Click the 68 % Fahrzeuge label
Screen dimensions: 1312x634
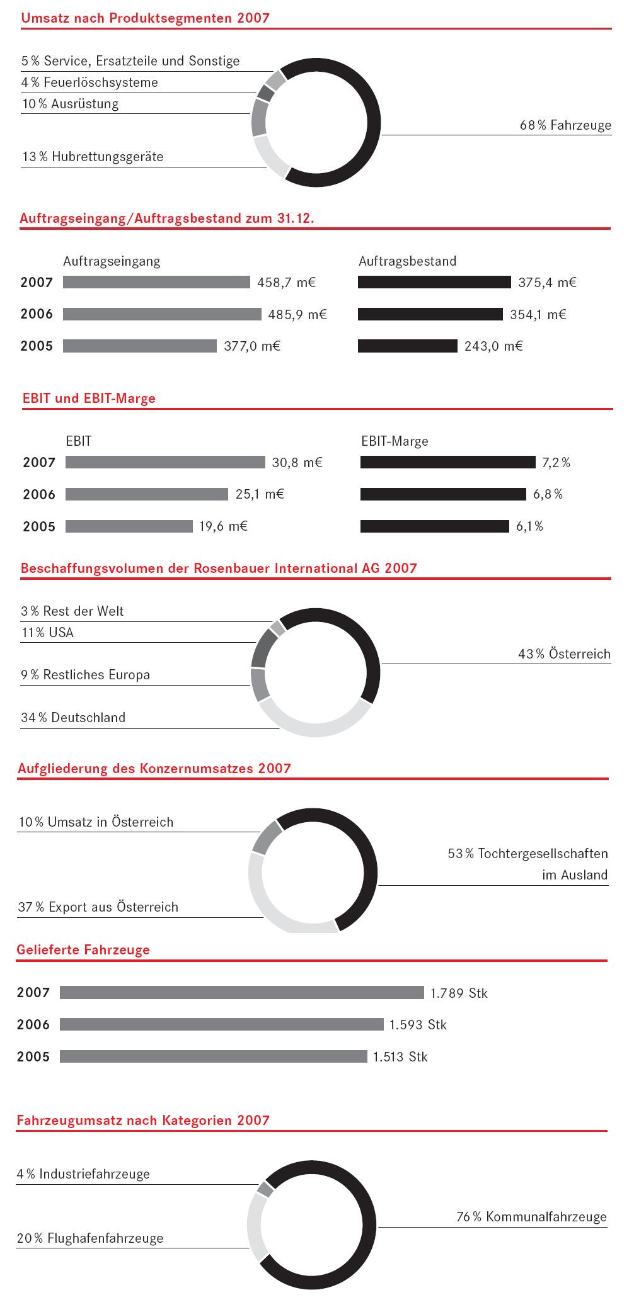[565, 125]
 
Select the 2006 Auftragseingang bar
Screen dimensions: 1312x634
[162, 314]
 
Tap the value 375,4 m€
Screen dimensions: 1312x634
[547, 283]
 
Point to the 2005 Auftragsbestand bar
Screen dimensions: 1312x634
[407, 346]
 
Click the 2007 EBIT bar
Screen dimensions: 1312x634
[165, 463]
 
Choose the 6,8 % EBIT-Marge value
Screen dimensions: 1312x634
[548, 494]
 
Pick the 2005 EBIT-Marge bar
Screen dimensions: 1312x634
[434, 526]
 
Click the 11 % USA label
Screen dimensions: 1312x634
[47, 633]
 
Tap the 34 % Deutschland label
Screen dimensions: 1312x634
[73, 718]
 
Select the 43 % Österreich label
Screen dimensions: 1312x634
[564, 654]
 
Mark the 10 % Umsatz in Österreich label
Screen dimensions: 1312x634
[96, 822]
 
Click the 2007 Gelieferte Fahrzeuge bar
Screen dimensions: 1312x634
[242, 993]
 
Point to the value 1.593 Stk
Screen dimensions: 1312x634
[418, 1025]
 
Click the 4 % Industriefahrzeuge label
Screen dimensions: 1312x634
[83, 1174]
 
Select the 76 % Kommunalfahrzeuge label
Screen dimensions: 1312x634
[531, 1217]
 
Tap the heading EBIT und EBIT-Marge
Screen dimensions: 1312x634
[88, 399]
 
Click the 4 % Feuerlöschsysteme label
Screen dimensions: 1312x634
[89, 82]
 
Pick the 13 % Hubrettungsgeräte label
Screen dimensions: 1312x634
[93, 157]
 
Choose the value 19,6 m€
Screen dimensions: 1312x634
[223, 526]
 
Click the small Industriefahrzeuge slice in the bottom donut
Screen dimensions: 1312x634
[265, 1189]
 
